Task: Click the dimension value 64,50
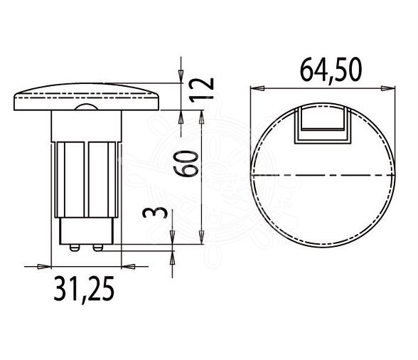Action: (323, 70)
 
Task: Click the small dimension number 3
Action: (160, 213)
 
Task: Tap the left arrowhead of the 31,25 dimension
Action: (46, 266)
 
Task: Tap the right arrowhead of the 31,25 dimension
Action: (129, 266)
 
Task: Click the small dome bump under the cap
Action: (87, 107)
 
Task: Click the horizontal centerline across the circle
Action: (323, 174)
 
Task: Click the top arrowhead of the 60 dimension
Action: (204, 114)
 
